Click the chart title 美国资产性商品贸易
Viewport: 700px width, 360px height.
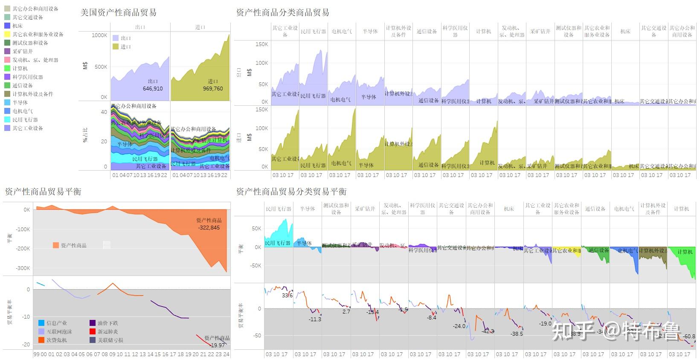point(118,13)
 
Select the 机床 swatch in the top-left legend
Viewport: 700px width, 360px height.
point(7,26)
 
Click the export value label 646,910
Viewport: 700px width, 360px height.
point(153,89)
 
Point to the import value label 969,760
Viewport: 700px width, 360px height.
point(213,89)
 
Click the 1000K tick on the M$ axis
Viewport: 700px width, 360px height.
point(99,35)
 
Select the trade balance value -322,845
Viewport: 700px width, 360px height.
point(209,228)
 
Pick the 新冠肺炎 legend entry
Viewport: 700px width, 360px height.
point(107,331)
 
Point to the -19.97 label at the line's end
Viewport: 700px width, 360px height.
point(218,345)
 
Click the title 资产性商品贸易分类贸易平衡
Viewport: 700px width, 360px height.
point(291,192)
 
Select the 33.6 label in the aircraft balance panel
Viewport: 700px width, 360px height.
point(287,295)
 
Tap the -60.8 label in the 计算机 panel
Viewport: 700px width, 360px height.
point(689,337)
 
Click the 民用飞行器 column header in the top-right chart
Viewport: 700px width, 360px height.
point(313,32)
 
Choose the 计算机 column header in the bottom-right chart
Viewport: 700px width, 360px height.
point(681,209)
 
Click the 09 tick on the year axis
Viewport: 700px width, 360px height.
point(112,354)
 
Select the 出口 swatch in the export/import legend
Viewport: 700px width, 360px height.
point(116,38)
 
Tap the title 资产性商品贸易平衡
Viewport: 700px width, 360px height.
point(43,192)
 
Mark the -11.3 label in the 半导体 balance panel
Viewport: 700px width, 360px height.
point(315,319)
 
